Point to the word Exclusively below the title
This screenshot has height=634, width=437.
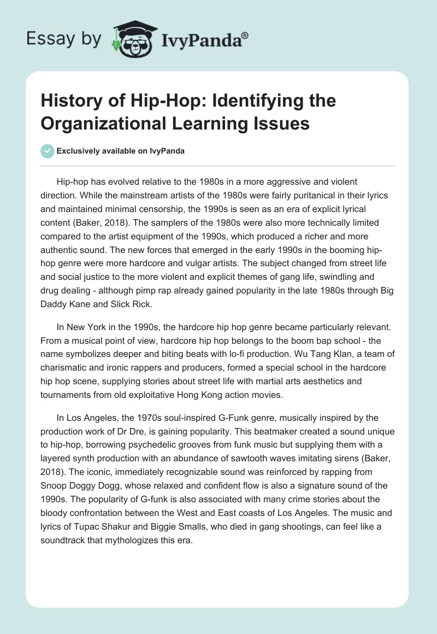point(77,151)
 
